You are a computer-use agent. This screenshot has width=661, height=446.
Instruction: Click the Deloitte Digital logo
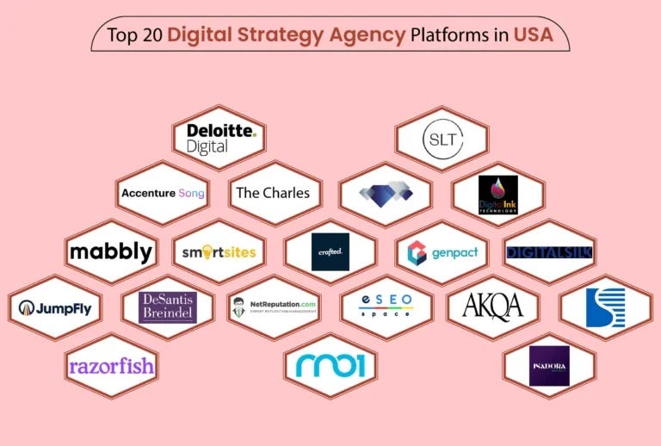(221, 138)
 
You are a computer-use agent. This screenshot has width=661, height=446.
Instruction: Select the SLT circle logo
(442, 138)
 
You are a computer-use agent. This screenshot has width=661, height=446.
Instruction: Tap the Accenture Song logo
(163, 193)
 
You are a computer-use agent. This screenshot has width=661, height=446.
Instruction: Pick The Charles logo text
(273, 193)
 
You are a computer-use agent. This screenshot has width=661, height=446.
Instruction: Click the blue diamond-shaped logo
(386, 193)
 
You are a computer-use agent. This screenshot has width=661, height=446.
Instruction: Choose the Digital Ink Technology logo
(497, 195)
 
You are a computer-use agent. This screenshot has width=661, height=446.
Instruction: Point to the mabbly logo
(110, 252)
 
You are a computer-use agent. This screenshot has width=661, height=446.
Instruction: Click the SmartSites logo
(219, 252)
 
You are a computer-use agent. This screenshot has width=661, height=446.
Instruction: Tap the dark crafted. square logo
(330, 251)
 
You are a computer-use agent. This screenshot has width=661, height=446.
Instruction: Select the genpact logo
(442, 252)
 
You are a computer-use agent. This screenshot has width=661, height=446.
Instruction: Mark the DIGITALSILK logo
(549, 252)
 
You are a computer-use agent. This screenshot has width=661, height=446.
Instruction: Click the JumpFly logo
(55, 307)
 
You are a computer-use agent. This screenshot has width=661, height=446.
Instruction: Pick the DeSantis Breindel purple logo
(168, 307)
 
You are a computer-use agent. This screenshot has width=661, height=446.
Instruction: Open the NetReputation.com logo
(274, 307)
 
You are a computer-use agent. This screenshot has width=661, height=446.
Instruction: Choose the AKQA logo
(492, 307)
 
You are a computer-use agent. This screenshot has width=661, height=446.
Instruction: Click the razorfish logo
(111, 366)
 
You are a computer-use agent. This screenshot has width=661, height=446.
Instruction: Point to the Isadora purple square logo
(549, 366)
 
